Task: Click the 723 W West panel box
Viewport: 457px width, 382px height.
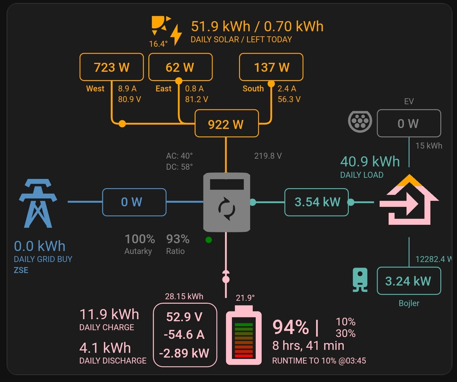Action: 111,67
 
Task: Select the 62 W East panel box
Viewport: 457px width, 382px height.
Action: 180,67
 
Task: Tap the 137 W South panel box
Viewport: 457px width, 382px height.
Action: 271,67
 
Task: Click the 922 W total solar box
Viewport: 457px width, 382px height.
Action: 227,124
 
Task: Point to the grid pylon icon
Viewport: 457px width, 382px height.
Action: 38,203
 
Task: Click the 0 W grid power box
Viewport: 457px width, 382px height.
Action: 134,202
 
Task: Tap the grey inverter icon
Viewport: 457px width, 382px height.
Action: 227,202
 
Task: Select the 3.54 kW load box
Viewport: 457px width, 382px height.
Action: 316,202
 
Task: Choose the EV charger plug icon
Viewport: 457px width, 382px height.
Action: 360,121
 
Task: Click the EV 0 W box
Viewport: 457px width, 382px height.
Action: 409,123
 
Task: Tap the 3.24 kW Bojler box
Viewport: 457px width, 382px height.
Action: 409,281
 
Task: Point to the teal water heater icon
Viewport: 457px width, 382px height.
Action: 360,280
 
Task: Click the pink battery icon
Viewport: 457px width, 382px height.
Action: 244,338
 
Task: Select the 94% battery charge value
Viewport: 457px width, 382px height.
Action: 290,327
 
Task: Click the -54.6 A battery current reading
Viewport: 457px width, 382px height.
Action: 184,335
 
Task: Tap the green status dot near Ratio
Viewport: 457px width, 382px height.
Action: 209,240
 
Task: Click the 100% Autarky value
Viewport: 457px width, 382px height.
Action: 140,239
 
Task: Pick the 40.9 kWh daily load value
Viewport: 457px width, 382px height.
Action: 370,162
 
